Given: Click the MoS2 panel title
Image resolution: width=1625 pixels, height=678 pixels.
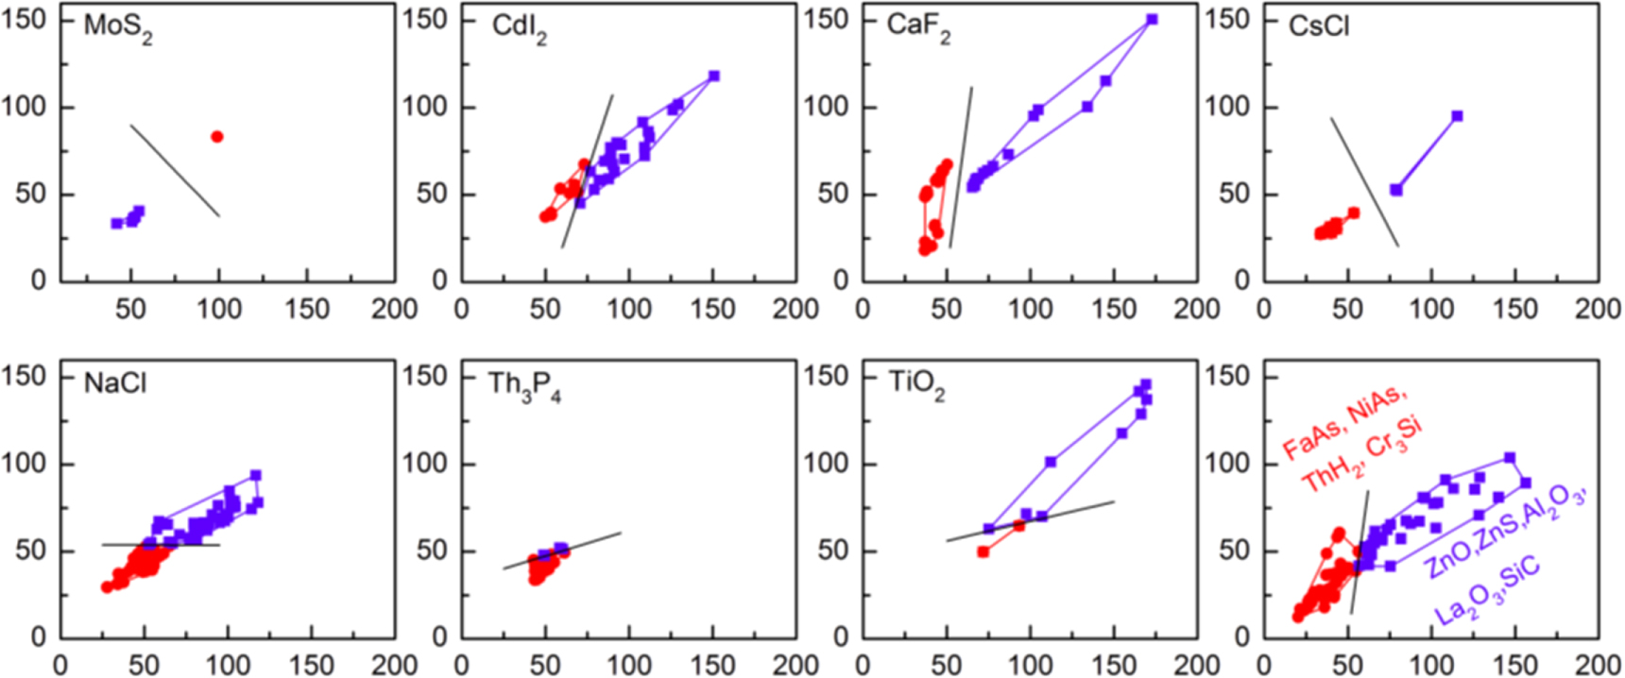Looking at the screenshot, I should pyautogui.click(x=117, y=26).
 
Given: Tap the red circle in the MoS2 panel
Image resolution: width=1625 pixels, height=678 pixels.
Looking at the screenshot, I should pyautogui.click(x=217, y=137).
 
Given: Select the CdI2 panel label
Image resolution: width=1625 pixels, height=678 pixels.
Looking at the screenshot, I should pyautogui.click(x=519, y=27).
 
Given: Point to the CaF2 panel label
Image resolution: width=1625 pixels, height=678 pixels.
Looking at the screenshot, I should pyautogui.click(x=918, y=26).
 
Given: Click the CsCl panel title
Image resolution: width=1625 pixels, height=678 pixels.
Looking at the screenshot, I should pyautogui.click(x=1319, y=25).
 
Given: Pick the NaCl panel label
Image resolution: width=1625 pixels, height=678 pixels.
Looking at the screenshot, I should pyautogui.click(x=115, y=383).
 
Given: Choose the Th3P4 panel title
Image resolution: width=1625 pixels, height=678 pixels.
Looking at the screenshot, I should pyautogui.click(x=524, y=385).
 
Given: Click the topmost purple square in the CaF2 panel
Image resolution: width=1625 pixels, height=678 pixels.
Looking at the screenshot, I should pyautogui.click(x=1152, y=20).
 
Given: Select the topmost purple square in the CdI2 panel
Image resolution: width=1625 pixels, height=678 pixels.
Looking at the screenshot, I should pyautogui.click(x=714, y=76).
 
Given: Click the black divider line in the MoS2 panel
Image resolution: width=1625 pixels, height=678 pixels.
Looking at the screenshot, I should pyautogui.click(x=175, y=171).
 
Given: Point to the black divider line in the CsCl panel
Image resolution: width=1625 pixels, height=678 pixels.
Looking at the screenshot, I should pyautogui.click(x=1364, y=182).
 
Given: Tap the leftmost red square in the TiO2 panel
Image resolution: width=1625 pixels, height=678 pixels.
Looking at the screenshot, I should pyautogui.click(x=984, y=551).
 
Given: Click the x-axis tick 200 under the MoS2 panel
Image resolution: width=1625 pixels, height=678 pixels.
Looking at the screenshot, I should pyautogui.click(x=394, y=309).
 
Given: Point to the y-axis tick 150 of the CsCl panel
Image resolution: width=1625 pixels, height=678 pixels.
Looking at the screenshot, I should pyautogui.click(x=1227, y=20).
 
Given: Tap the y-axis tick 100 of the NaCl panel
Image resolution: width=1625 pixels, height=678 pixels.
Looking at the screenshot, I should pyautogui.click(x=24, y=464).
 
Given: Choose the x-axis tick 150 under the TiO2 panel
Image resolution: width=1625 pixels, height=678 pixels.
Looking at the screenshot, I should pyautogui.click(x=1113, y=665).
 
